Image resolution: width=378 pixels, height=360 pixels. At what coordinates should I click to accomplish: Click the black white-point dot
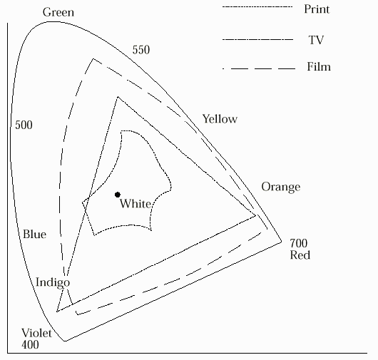(118, 195)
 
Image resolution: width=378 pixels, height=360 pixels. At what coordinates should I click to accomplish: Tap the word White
(136, 204)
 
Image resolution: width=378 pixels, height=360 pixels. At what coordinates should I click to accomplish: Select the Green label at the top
(58, 12)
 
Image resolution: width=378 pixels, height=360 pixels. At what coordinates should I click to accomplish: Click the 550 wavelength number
(141, 50)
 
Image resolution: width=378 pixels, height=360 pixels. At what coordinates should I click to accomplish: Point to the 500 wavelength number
(24, 125)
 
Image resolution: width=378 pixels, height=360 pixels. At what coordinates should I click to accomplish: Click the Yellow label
(220, 119)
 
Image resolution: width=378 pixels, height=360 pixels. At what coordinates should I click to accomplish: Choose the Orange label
(281, 187)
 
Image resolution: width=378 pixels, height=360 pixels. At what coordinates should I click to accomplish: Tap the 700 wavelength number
(298, 243)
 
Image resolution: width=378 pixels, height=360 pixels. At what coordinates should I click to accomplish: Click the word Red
(300, 255)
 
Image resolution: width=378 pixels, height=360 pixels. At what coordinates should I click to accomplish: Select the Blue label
(34, 234)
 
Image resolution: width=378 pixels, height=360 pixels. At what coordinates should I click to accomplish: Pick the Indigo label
(53, 282)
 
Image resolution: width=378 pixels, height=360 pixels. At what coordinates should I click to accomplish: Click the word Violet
(36, 333)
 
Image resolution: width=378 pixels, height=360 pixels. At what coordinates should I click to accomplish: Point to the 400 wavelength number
(30, 344)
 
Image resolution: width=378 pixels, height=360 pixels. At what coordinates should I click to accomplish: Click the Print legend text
(317, 9)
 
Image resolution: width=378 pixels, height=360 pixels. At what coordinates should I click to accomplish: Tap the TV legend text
(316, 40)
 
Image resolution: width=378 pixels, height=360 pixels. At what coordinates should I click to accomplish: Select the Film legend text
(319, 66)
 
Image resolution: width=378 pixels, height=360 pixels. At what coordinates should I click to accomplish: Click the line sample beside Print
(257, 6)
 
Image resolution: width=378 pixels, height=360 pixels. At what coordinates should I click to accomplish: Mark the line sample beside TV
(257, 39)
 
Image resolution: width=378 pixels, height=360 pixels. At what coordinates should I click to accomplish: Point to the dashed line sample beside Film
(259, 69)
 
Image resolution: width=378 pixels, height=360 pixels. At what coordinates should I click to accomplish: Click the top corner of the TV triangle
(118, 97)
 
